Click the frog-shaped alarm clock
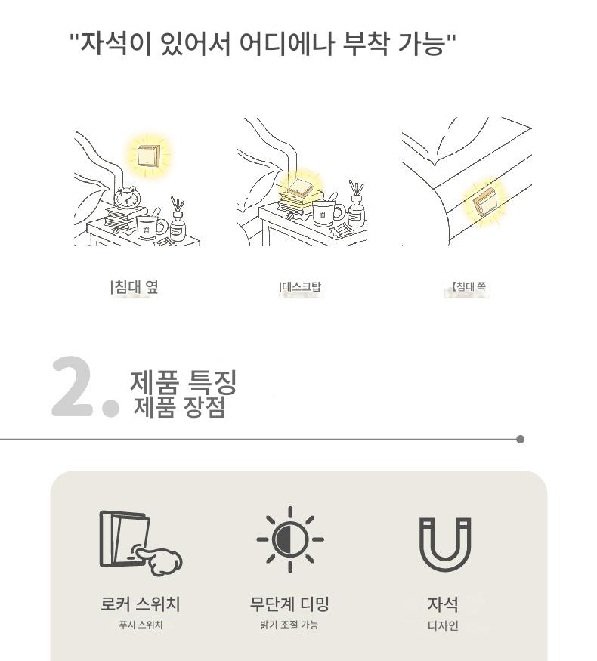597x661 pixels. (x=127, y=197)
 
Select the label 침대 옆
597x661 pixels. (x=135, y=287)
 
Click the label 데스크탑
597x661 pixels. (x=300, y=287)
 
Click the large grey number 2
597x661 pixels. (x=72, y=387)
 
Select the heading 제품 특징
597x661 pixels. (x=183, y=383)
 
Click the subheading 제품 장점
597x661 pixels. (x=180, y=407)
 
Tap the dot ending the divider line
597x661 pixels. (x=520, y=439)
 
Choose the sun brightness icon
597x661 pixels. (x=290, y=539)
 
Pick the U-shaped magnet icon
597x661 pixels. (x=445, y=545)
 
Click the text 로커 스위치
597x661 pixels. (x=141, y=604)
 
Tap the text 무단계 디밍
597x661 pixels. (x=289, y=604)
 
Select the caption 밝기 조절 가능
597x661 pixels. (x=289, y=625)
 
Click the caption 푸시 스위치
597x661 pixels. (x=141, y=625)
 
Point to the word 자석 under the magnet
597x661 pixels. (x=443, y=604)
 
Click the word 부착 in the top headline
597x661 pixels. (x=365, y=43)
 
